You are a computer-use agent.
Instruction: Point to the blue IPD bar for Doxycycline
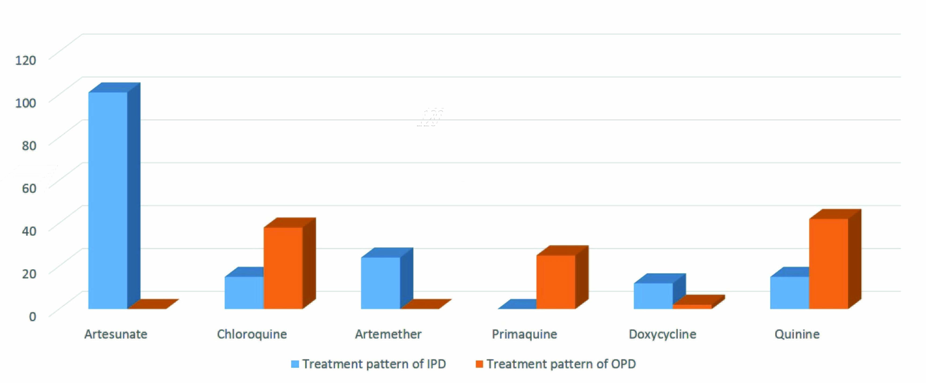[x=653, y=296]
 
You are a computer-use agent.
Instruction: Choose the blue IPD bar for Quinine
[x=789, y=293]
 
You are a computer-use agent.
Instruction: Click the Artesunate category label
[x=116, y=334]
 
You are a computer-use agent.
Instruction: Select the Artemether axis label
[x=388, y=334]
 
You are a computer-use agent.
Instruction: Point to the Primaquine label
[x=524, y=334]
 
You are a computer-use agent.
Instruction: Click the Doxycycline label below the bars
[x=662, y=334]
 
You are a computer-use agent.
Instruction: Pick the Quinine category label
[x=797, y=334]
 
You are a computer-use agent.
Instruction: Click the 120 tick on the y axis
[x=26, y=60]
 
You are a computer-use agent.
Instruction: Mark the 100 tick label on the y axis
[x=26, y=103]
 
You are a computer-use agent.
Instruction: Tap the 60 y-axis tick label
[x=29, y=188]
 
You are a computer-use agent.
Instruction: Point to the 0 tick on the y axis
[x=32, y=316]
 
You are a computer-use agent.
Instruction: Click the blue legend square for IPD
[x=295, y=364]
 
